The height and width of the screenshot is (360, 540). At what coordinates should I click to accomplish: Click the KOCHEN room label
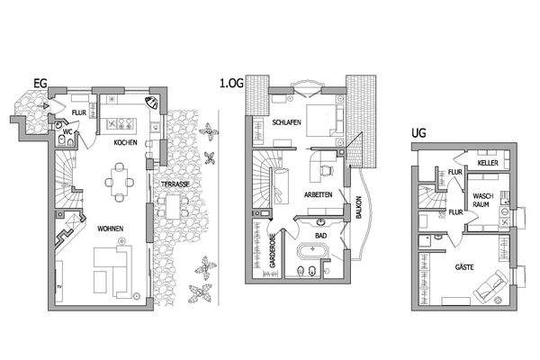[125, 143]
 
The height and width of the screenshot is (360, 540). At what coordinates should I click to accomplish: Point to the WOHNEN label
[112, 228]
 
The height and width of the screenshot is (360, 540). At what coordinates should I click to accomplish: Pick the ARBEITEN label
[319, 194]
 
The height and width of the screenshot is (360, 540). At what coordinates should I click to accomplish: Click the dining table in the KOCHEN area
[120, 180]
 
